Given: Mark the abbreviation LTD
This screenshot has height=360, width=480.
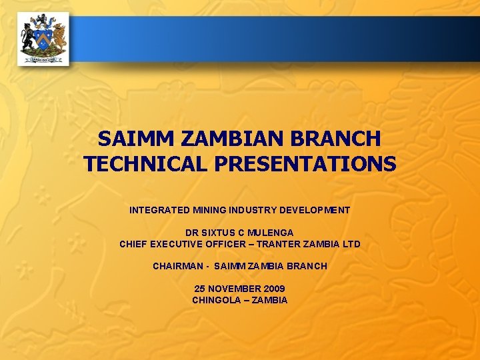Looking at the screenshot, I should coord(351,244).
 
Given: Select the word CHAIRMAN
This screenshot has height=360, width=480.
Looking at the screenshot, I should coord(177,266).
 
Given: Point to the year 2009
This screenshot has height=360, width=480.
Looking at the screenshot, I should coord(274,289).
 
